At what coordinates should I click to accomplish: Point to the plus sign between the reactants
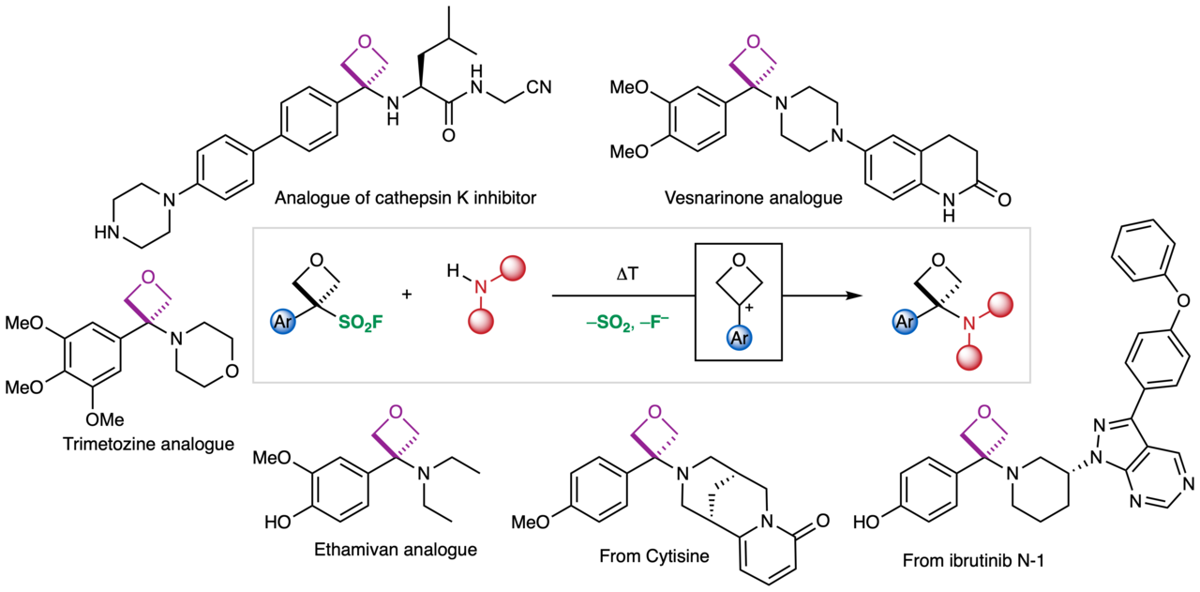[407, 294]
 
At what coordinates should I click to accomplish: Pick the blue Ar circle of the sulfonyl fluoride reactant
[284, 322]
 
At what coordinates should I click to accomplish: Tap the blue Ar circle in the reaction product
[903, 322]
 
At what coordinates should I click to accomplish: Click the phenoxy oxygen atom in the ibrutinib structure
[1160, 300]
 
